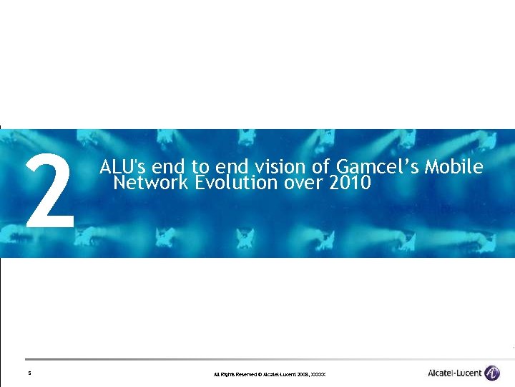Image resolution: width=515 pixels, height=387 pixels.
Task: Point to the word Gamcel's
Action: pos(376,167)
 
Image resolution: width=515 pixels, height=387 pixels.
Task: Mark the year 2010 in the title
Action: pos(350,183)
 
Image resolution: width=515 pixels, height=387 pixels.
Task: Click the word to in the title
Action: pos(201,167)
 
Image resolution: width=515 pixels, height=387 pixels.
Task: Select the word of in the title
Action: pos(320,167)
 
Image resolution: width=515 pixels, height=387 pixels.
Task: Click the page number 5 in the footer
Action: pos(29,373)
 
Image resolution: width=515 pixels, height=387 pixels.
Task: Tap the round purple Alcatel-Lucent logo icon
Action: pos(492,373)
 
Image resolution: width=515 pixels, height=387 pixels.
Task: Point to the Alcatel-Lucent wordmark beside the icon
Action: pos(454,373)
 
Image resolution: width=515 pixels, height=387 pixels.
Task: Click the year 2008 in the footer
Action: pos(301,375)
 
